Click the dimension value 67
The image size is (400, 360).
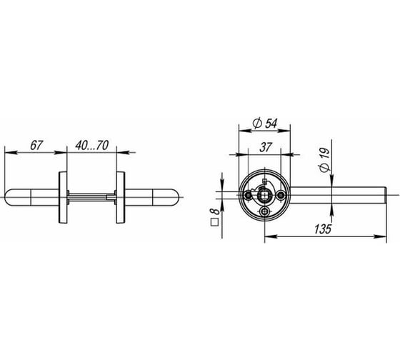(x=36, y=146)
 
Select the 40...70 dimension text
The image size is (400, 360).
(x=92, y=145)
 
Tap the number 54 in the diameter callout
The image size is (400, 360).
(x=271, y=124)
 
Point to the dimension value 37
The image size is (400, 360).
(x=266, y=147)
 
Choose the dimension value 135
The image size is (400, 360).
(x=322, y=229)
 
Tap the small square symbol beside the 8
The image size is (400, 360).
(x=214, y=222)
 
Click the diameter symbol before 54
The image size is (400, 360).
(x=257, y=124)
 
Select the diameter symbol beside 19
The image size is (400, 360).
(x=325, y=167)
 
